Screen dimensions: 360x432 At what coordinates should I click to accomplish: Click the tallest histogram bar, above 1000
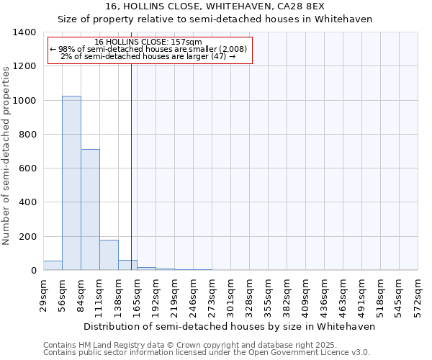(x=71, y=183)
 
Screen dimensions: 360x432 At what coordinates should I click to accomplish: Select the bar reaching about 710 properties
(x=90, y=210)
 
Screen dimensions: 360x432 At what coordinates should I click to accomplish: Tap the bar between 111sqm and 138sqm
(x=109, y=255)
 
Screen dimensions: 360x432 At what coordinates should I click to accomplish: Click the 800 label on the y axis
(x=28, y=135)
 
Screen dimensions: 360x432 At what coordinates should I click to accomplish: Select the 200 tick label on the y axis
(x=28, y=237)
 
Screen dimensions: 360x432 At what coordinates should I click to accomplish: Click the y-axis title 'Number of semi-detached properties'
(x=6, y=155)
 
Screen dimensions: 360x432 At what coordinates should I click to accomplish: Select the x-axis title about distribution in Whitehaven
(x=230, y=326)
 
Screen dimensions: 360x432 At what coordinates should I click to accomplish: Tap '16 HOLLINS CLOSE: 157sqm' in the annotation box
(x=148, y=42)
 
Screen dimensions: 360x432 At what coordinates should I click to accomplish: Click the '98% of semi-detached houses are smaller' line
(x=148, y=49)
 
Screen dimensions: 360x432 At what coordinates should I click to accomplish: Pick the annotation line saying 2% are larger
(x=148, y=56)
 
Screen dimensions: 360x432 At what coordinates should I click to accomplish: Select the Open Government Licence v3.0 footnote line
(x=207, y=353)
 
